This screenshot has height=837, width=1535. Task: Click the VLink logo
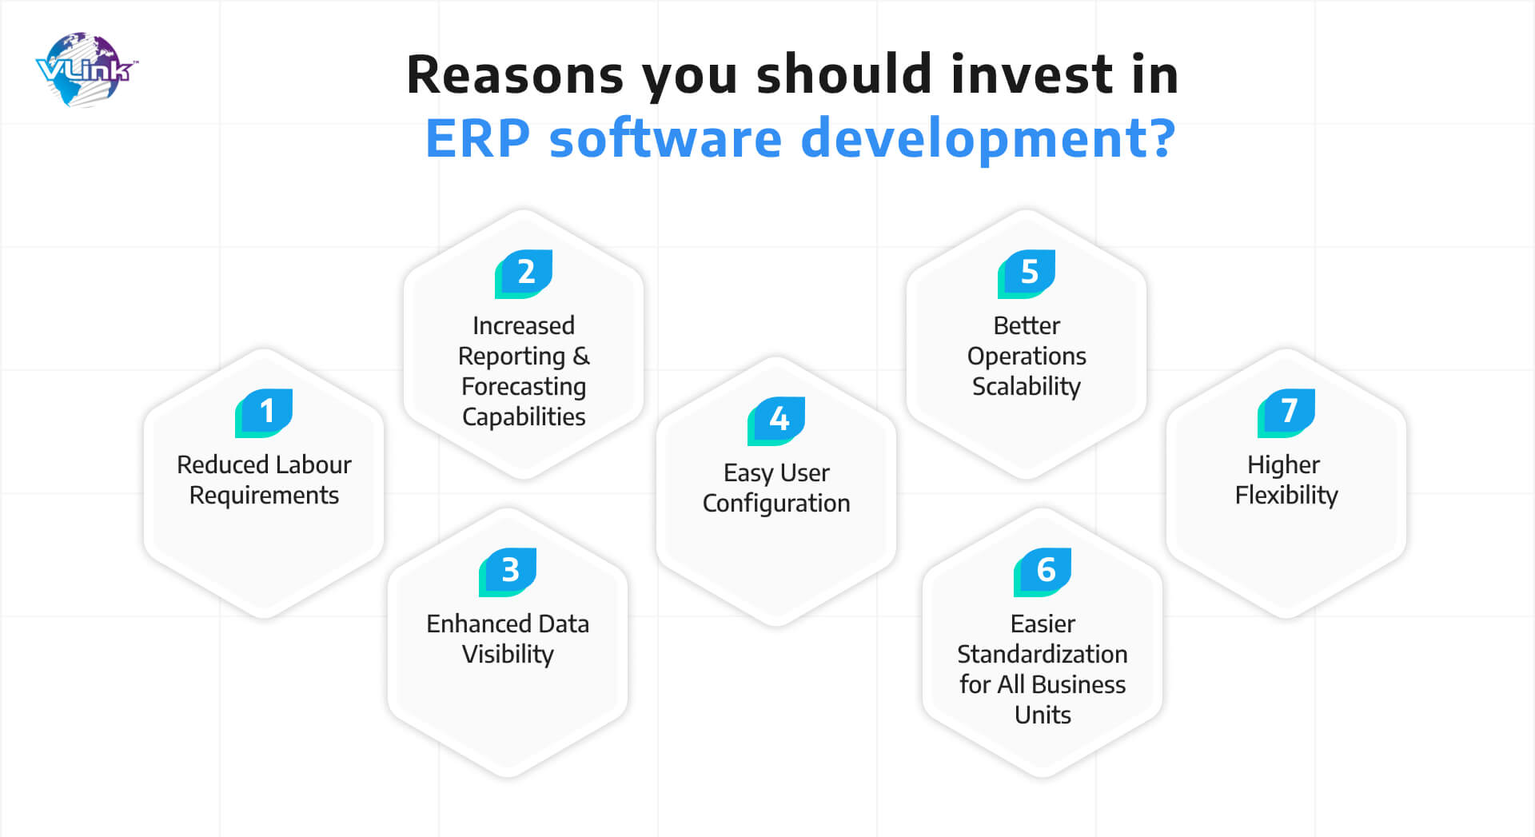click(x=86, y=70)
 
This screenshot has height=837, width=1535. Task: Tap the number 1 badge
click(x=264, y=413)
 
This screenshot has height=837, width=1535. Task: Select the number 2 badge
click(x=524, y=274)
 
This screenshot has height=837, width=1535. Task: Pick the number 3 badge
click(x=508, y=572)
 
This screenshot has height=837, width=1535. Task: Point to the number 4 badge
click(x=776, y=420)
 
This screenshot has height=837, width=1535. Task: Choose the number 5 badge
click(x=1027, y=274)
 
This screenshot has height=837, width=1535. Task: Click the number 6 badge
click(x=1043, y=572)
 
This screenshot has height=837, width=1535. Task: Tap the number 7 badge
click(x=1286, y=413)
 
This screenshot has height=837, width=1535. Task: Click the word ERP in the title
click(x=477, y=138)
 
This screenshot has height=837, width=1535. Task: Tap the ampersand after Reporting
click(x=581, y=356)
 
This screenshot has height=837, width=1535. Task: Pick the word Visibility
click(x=508, y=655)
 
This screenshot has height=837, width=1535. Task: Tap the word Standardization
click(x=1043, y=654)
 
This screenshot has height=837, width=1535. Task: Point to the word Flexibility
click(x=1286, y=496)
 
